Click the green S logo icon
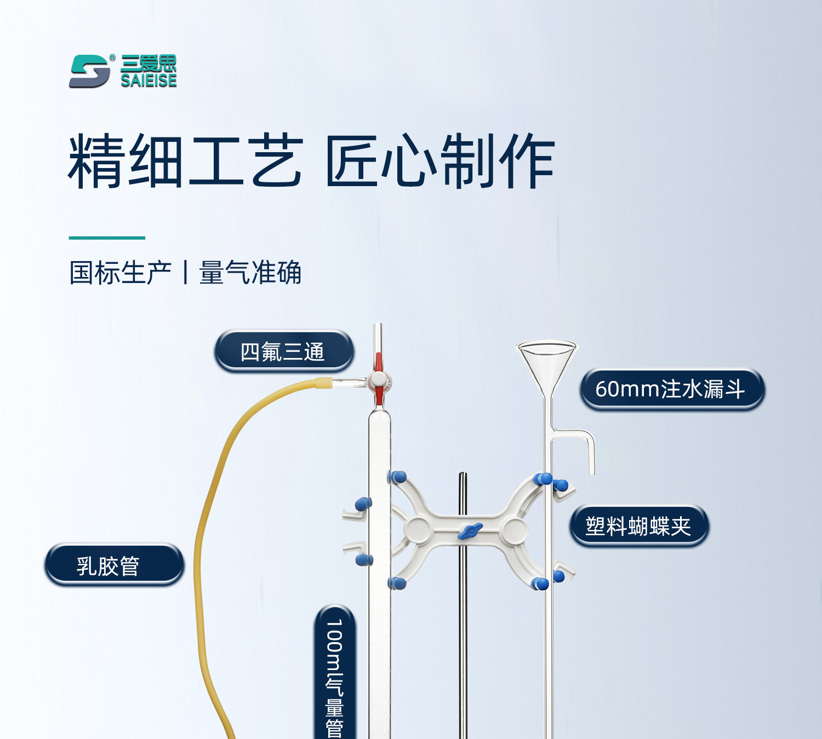coord(89,71)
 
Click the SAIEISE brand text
coord(149,80)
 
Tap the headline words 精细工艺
coord(185,161)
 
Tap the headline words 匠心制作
coord(440,161)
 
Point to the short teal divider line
coord(107,238)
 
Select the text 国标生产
coord(121,273)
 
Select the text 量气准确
coord(250,273)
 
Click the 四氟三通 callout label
coord(283,351)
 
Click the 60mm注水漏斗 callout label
coord(671,389)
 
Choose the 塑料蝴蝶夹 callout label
coord(639,526)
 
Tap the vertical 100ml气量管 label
coord(335,676)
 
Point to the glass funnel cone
coord(546,361)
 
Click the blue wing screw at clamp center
coord(470,530)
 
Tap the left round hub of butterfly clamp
coord(419,529)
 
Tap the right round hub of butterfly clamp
coord(513,529)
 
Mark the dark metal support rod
coord(463,630)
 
